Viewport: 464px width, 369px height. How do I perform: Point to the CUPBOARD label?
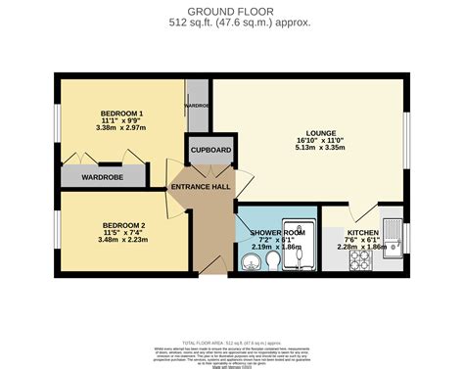[210, 150]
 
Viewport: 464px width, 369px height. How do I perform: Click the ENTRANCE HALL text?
[200, 187]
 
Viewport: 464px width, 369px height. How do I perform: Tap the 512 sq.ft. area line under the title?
[232, 23]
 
